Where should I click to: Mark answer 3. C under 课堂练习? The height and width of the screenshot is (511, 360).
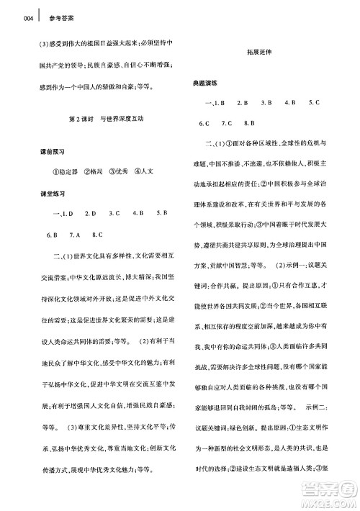click(x=114, y=214)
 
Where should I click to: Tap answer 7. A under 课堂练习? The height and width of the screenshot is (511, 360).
click(x=75, y=235)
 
